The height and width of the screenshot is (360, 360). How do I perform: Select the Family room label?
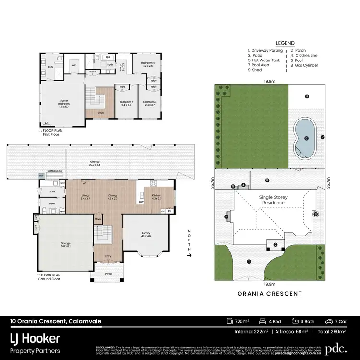[x=145, y=234]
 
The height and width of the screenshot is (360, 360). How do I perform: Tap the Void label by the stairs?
[x=101, y=113]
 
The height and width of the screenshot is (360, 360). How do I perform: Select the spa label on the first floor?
[x=108, y=57]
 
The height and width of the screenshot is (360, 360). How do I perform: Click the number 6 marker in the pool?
[x=306, y=138]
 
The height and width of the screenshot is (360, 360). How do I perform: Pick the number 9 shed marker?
[x=307, y=96]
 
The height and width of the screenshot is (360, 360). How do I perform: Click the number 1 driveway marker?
[x=249, y=261]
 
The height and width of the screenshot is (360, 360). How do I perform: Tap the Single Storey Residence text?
[x=272, y=200]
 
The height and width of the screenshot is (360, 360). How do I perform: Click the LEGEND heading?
[x=286, y=43]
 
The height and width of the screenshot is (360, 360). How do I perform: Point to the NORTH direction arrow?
[x=190, y=255]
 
